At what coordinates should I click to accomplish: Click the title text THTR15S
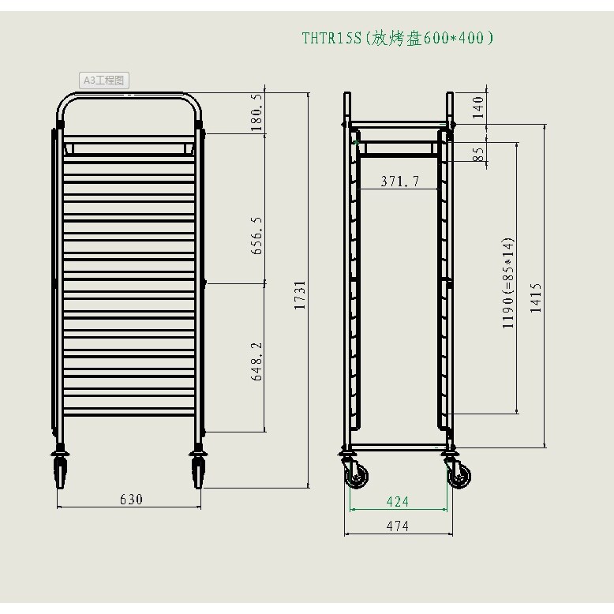pyautogui.click(x=331, y=39)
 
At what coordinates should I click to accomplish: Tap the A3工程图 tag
pyautogui.click(x=103, y=80)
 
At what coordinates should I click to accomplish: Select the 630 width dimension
pyautogui.click(x=131, y=500)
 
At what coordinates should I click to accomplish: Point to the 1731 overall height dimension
pyautogui.click(x=300, y=295)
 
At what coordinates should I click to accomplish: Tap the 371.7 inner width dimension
pyautogui.click(x=400, y=181)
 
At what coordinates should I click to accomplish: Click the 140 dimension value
pyautogui.click(x=477, y=107)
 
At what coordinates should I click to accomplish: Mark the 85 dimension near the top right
pyautogui.click(x=477, y=154)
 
